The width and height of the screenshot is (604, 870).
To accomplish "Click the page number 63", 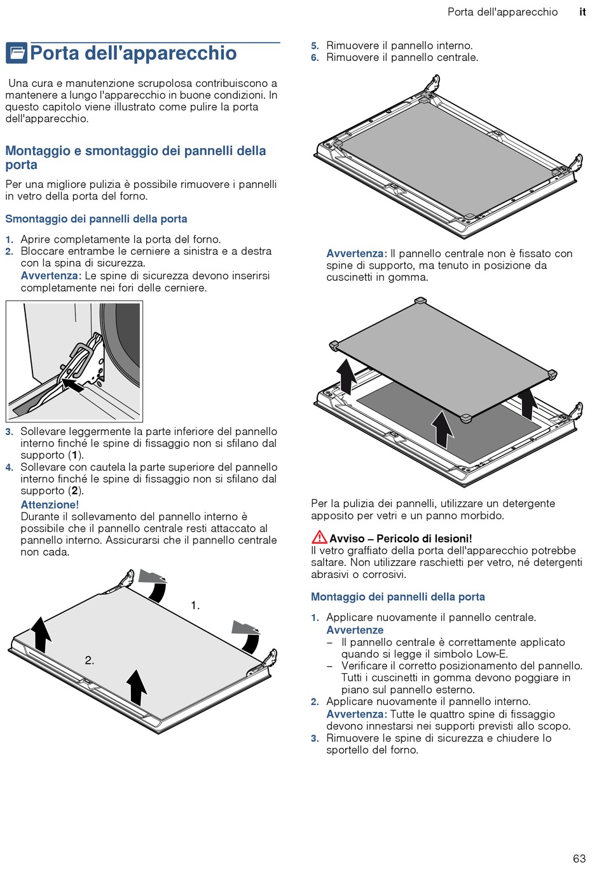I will click(579, 859).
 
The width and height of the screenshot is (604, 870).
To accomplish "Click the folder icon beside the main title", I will click(17, 53).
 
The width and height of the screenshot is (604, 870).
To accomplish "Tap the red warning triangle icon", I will click(319, 537).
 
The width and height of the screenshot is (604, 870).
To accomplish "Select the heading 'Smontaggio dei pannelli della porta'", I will click(96, 219).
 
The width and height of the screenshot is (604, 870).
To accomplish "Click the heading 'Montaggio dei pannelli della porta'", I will click(397, 597).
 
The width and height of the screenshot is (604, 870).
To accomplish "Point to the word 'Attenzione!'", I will click(50, 505).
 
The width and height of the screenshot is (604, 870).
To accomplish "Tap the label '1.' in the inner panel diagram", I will click(195, 606).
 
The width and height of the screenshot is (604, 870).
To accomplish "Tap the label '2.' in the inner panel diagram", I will click(90, 660).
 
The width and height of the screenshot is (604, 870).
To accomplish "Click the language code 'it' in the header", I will click(582, 12).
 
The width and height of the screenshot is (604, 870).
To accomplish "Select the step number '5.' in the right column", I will click(315, 46).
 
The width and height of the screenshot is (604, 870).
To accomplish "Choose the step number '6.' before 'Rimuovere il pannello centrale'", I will click(315, 58).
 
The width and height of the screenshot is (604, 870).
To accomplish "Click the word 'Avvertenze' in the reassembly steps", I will click(355, 630).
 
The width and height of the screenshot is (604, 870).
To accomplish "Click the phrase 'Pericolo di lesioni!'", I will click(424, 539).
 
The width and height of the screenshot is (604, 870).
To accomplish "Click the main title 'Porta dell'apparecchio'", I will click(134, 53).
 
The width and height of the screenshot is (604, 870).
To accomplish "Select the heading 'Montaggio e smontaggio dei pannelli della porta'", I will click(135, 157).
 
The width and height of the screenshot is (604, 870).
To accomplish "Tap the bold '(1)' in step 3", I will click(76, 455).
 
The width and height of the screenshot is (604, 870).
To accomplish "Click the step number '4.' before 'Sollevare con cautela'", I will click(10, 467).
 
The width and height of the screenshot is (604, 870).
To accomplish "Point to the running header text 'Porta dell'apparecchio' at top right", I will click(502, 12).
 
